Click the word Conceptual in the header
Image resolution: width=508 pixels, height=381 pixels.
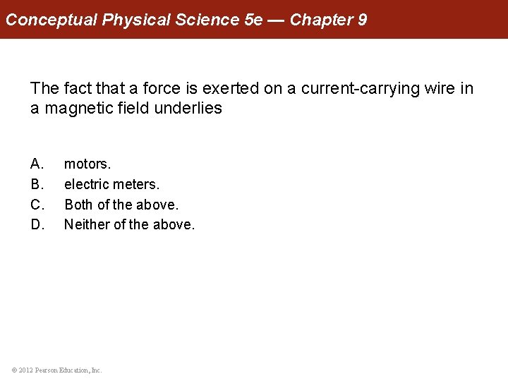51,20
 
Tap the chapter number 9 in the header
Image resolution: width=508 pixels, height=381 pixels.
362,20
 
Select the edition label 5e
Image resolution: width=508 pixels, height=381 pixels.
253,20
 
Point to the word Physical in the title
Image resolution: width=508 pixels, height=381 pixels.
133,20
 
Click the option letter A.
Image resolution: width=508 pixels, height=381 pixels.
37,164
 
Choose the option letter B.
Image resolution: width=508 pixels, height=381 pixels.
37,185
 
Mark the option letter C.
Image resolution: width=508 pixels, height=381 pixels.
37,205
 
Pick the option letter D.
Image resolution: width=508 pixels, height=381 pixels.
37,225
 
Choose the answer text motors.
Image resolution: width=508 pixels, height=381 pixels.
87,164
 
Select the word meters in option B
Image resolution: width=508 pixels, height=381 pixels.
136,185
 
